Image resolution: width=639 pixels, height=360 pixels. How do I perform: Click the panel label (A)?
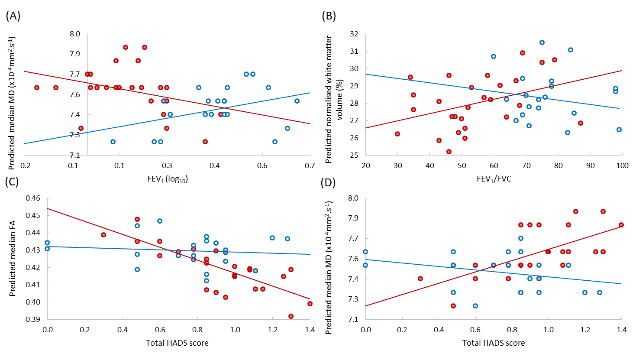coord(13,16)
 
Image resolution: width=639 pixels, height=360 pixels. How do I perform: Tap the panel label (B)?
coord(329,16)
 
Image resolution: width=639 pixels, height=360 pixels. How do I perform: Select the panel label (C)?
coord(12,181)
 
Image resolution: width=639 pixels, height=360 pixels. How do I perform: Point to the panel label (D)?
coord(328,182)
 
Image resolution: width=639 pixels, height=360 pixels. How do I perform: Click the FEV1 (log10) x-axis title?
coord(167,179)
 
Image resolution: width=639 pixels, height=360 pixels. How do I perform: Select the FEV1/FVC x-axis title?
coord(494,179)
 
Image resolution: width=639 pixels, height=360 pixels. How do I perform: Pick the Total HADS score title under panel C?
coord(177,343)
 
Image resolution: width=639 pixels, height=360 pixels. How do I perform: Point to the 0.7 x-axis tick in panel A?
coord(310,165)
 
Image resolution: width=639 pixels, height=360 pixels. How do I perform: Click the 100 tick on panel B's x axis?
coord(622,165)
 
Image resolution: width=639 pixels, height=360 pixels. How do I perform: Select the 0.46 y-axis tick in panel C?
coord(33,198)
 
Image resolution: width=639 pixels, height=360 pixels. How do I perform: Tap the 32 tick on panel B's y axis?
coord(354,34)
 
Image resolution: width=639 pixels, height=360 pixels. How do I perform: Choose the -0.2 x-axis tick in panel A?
coord(24,165)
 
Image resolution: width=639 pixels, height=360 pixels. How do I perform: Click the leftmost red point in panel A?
coord(37,88)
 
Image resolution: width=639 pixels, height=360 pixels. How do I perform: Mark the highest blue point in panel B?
coord(542,42)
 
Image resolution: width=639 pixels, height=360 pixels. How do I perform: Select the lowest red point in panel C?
coord(291,316)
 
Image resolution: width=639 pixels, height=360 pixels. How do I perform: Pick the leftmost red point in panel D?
coord(420,279)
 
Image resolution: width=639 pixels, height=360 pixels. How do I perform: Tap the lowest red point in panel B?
coord(449,152)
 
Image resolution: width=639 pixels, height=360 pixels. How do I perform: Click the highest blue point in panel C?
coord(160,221)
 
